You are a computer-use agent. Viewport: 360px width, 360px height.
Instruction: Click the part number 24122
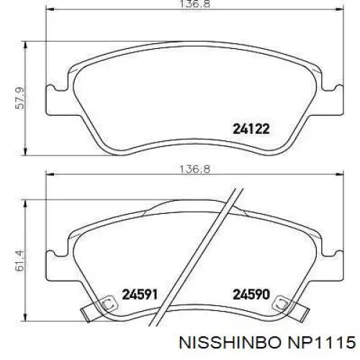[251, 129]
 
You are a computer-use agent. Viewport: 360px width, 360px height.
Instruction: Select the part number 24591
[140, 294]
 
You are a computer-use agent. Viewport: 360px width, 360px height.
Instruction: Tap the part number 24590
[251, 294]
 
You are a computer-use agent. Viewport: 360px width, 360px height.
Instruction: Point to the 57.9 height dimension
[19, 98]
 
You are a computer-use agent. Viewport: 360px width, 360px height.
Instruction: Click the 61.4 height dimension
[19, 261]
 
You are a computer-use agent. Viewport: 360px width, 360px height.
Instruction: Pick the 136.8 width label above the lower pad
[194, 169]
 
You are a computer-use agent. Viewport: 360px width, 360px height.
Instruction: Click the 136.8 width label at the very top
[194, 4]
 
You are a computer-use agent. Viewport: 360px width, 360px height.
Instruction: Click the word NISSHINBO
[230, 342]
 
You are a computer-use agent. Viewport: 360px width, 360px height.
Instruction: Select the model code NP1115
[322, 342]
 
